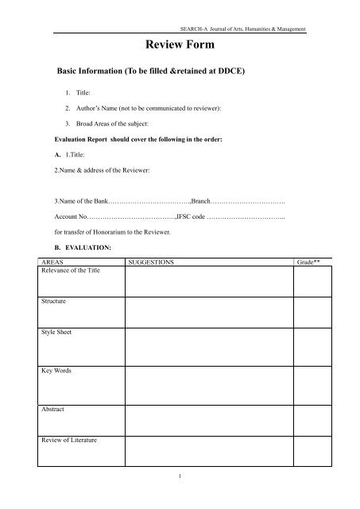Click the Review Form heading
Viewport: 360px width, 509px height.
[x=180, y=48]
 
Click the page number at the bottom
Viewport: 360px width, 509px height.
[x=180, y=498]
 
